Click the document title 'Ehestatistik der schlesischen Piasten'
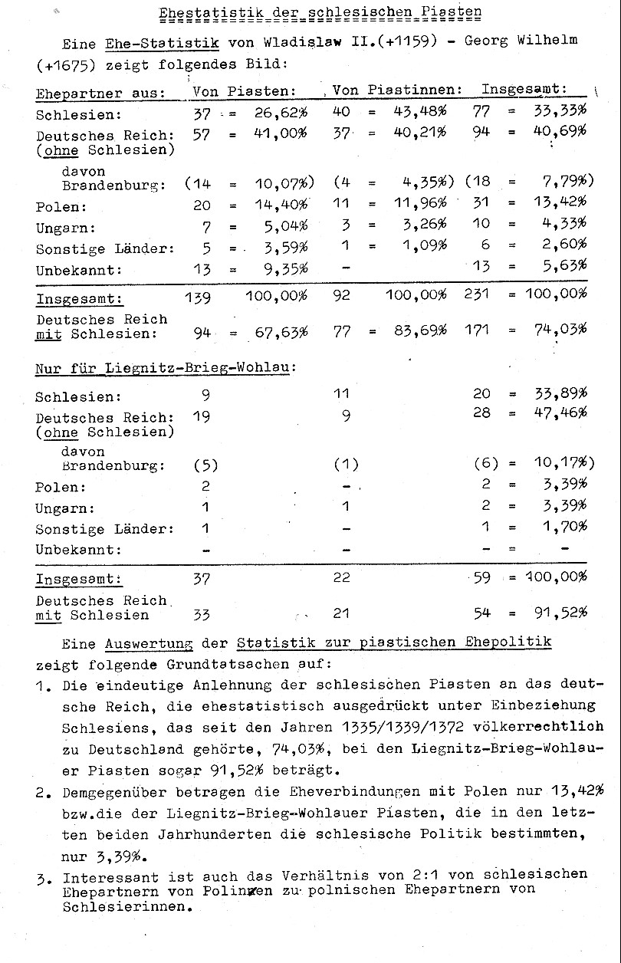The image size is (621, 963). tap(320, 13)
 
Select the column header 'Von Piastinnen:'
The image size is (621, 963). tap(397, 90)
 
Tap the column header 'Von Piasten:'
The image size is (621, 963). tap(244, 91)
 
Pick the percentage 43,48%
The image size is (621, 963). tap(420, 112)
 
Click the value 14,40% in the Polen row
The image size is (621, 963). tap(281, 206)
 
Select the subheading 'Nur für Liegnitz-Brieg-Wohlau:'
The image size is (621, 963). tap(166, 368)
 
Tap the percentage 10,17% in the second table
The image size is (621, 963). tap(562, 464)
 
